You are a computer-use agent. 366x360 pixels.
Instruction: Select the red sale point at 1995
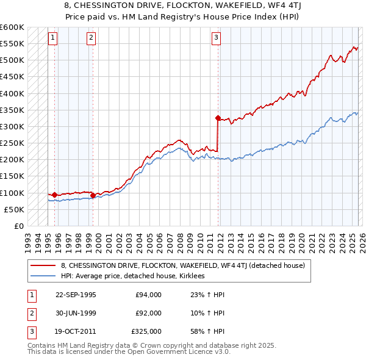tap(55, 195)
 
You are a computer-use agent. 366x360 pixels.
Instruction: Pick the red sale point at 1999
tap(93, 195)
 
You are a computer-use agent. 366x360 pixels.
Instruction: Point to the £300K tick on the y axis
tap(12, 127)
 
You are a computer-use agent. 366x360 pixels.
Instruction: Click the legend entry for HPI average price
tap(134, 276)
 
